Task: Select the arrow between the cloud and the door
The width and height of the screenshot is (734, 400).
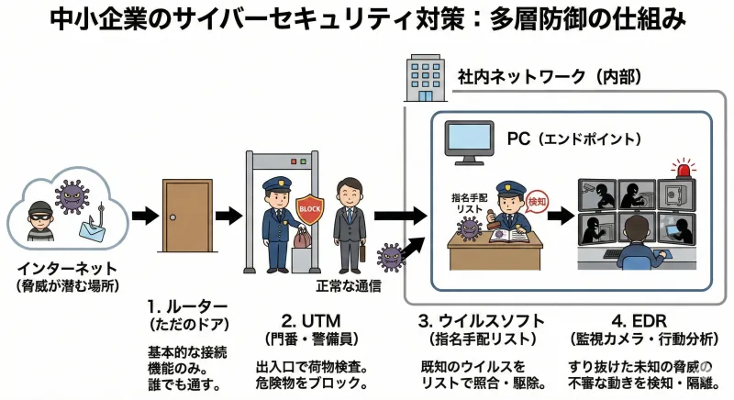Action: [x=144, y=217]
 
